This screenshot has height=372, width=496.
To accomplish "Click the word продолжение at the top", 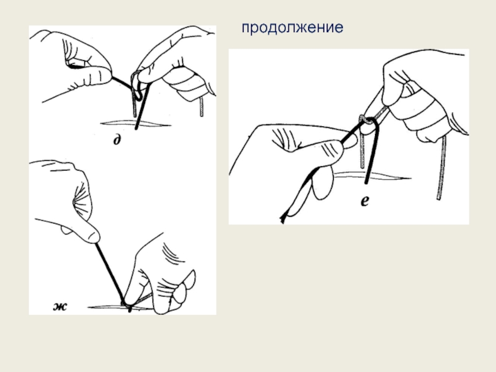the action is (292, 27).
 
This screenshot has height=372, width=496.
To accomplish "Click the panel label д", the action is (117, 139).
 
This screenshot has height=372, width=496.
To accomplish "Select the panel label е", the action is (365, 200).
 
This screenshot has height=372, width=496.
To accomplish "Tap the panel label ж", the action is (60, 306).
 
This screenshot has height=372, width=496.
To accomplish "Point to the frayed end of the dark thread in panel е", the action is (283, 219).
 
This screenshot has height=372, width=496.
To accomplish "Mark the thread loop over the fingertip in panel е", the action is (367, 120).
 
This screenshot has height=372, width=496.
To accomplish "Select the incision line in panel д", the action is (136, 123).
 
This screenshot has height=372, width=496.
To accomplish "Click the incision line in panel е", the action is (373, 176).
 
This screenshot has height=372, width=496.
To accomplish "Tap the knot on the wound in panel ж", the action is (128, 305).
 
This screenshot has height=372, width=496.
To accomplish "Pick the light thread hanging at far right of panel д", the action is (201, 106).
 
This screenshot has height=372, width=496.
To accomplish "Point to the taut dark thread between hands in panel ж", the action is (110, 272).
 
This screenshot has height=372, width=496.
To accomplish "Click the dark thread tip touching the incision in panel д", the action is (136, 128).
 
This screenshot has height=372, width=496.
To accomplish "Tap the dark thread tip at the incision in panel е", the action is (366, 182).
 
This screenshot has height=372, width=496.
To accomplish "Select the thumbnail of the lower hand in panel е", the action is (350, 142).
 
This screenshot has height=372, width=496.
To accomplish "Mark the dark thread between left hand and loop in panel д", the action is (122, 82).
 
